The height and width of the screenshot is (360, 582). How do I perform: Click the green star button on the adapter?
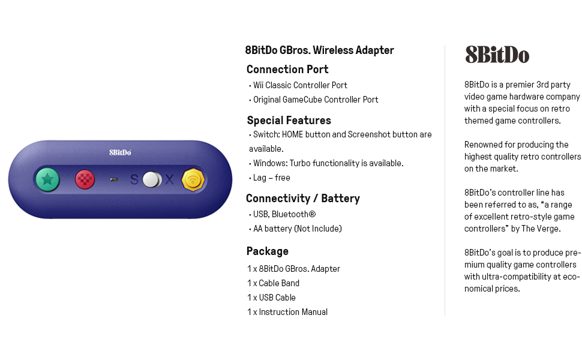pos(47,179)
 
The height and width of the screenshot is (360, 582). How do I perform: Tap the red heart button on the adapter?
pos(85,179)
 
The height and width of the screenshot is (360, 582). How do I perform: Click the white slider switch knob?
pos(152,179)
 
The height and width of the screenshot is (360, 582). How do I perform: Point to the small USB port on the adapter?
pos(114,179)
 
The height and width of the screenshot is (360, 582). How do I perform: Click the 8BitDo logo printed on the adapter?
pos(120,152)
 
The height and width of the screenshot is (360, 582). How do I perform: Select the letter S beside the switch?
pos(134,179)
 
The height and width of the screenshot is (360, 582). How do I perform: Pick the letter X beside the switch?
pos(169,179)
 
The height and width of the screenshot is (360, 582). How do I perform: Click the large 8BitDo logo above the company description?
pos(497,55)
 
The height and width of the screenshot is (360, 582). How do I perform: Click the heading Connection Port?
pos(287,70)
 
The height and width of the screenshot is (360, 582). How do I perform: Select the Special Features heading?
pos(289,120)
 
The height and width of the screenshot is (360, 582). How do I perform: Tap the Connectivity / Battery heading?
pos(303,199)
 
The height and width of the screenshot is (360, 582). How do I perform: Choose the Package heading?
pos(268,251)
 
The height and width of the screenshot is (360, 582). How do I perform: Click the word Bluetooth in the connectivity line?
pos(293,214)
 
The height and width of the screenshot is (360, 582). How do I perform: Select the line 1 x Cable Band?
pos(273,283)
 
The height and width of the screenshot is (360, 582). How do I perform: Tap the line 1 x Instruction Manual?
pos(287,312)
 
